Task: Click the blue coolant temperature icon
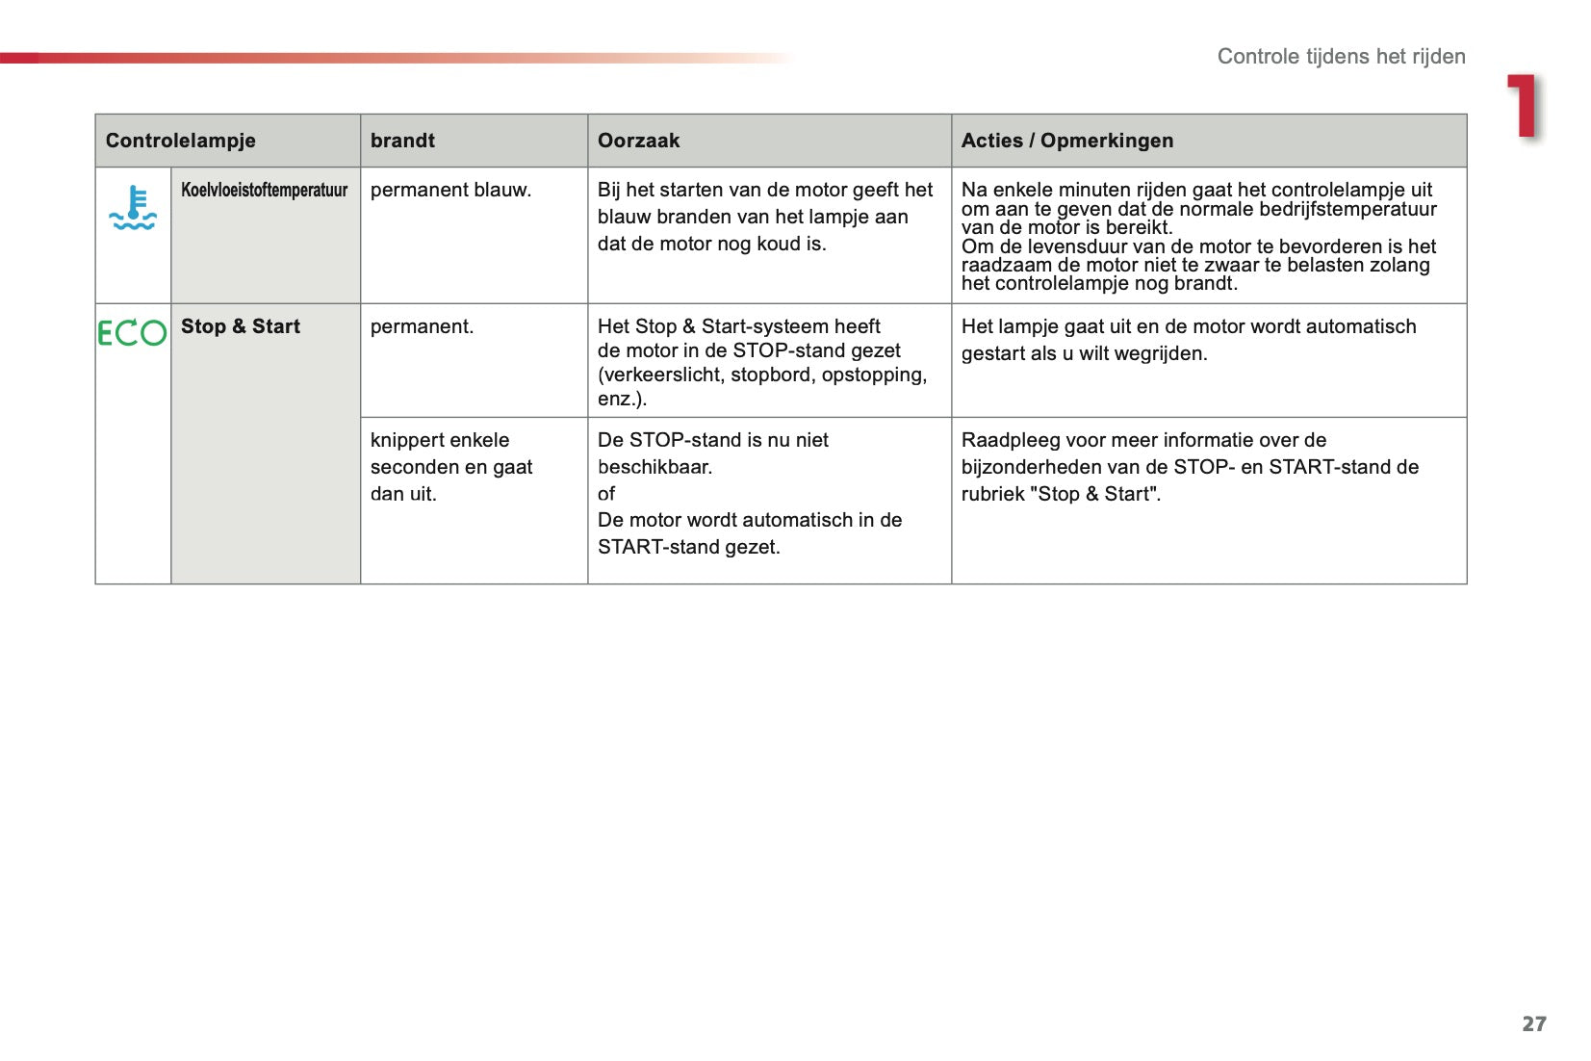pyautogui.click(x=133, y=208)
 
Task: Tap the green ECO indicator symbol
pyautogui.click(x=133, y=333)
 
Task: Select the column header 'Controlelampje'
pyautogui.click(x=181, y=141)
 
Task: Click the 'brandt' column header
pyautogui.click(x=402, y=141)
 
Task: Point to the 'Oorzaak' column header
pyautogui.click(x=638, y=141)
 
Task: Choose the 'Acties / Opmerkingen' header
pyautogui.click(x=1067, y=141)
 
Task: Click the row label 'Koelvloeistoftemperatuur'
pyautogui.click(x=265, y=190)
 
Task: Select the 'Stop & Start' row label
pyautogui.click(x=241, y=326)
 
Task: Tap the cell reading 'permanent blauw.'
pyautogui.click(x=450, y=190)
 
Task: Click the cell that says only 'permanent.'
pyautogui.click(x=422, y=326)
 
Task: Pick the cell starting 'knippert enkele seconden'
pyautogui.click(x=450, y=467)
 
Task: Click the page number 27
pyautogui.click(x=1534, y=1023)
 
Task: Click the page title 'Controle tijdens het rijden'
pyautogui.click(x=1341, y=56)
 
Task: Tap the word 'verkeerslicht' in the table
pyautogui.click(x=660, y=375)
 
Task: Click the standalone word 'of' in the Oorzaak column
pyautogui.click(x=606, y=494)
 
